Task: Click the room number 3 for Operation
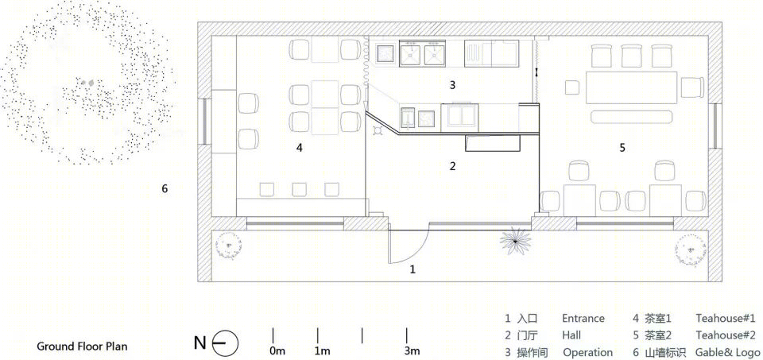pyautogui.click(x=452, y=85)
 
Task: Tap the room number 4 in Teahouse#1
pyautogui.click(x=300, y=147)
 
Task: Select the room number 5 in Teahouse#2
pyautogui.click(x=622, y=147)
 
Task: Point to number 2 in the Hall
pyautogui.click(x=452, y=166)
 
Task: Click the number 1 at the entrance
pyautogui.click(x=412, y=269)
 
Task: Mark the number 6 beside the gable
pyautogui.click(x=165, y=189)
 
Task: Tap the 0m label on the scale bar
pyautogui.click(x=277, y=350)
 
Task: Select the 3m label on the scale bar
pyautogui.click(x=412, y=350)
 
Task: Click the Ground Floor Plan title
pyautogui.click(x=82, y=346)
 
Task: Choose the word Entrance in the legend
pyautogui.click(x=583, y=319)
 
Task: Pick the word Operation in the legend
pyautogui.click(x=588, y=353)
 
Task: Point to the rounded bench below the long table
pyautogui.click(x=632, y=117)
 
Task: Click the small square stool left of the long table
pyautogui.click(x=572, y=87)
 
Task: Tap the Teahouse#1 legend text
pyautogui.click(x=726, y=319)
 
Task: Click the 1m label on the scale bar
pyautogui.click(x=322, y=350)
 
